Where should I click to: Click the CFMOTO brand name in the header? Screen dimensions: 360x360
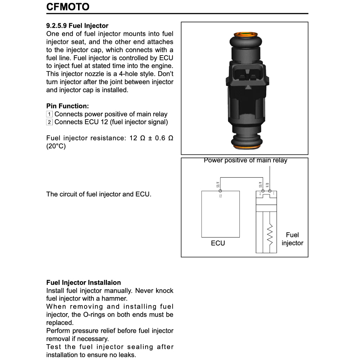click(68, 7)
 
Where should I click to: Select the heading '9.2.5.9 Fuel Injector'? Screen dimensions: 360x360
click(77, 26)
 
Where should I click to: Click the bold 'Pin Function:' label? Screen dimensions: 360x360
click(67, 106)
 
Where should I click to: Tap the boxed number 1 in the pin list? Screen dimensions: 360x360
click(50, 114)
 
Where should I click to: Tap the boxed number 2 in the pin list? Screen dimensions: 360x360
click(50, 122)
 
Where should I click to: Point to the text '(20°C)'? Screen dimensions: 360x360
click(56, 146)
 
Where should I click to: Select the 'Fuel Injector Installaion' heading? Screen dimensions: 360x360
click(83, 283)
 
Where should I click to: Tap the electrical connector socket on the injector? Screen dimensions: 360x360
click(245, 75)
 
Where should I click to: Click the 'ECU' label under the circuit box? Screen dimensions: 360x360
click(218, 243)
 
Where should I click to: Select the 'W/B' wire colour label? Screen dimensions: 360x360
click(268, 185)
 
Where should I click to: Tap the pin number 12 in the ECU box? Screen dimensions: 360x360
click(220, 196)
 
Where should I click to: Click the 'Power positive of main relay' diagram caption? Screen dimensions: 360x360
click(245, 161)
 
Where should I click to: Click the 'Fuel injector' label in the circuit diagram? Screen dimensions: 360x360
click(292, 239)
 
